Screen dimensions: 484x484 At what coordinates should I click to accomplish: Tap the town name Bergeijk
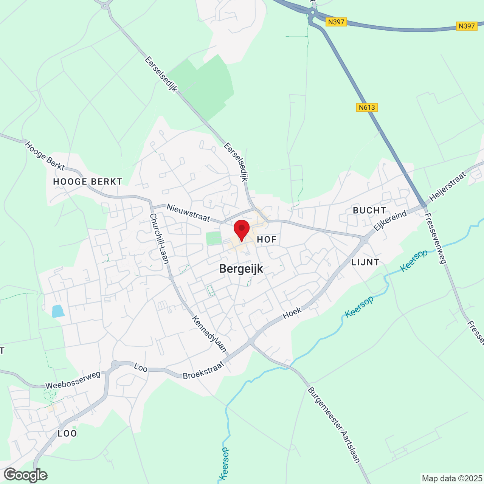pos(241,269)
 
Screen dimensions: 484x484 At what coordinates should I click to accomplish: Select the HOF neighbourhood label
pos(267,239)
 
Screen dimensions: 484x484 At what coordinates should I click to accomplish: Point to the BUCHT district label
pos(369,210)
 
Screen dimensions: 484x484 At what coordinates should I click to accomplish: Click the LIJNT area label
pos(365,262)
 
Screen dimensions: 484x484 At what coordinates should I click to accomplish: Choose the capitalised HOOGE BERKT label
pos(88,182)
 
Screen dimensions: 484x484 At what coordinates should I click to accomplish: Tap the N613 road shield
pos(367,107)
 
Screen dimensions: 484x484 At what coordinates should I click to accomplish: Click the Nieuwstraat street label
pos(188,213)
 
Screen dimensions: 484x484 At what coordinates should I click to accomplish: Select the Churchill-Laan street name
pos(160,239)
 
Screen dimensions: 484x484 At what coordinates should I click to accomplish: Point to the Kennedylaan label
pos(209,334)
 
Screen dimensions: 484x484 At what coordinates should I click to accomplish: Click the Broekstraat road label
pos(203,371)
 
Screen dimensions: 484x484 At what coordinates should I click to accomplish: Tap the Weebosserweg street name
pos(73,380)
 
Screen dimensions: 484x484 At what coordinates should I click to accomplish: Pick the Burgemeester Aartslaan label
pos(334,424)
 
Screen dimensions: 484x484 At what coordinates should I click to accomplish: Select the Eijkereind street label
pos(390,220)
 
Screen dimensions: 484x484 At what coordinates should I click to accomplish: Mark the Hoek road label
pos(292,312)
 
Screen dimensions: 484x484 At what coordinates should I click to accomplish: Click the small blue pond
pos(58,311)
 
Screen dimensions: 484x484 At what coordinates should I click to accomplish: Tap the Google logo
pos(25,475)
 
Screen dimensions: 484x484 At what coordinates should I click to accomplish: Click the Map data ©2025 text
pos(452,478)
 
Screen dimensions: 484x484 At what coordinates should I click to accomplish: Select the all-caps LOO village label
pos(67,433)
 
